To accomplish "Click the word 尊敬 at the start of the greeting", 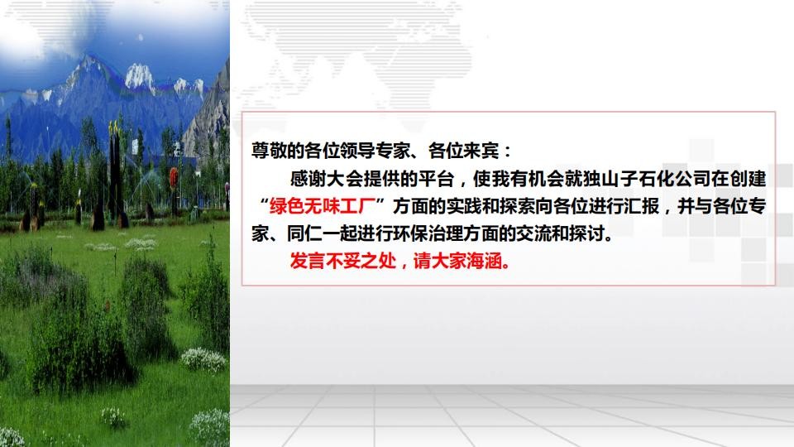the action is (x=269, y=151).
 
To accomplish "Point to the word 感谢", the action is (x=308, y=179).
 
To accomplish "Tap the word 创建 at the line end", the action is (x=749, y=179).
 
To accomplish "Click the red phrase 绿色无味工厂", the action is (x=322, y=206).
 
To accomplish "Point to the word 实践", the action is (x=463, y=206).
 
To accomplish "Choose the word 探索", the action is (x=516, y=206).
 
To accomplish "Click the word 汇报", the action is (x=642, y=206).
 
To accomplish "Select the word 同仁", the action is (x=304, y=233).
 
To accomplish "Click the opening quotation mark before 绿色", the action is (x=263, y=203).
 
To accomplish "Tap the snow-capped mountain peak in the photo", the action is (x=139, y=76).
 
